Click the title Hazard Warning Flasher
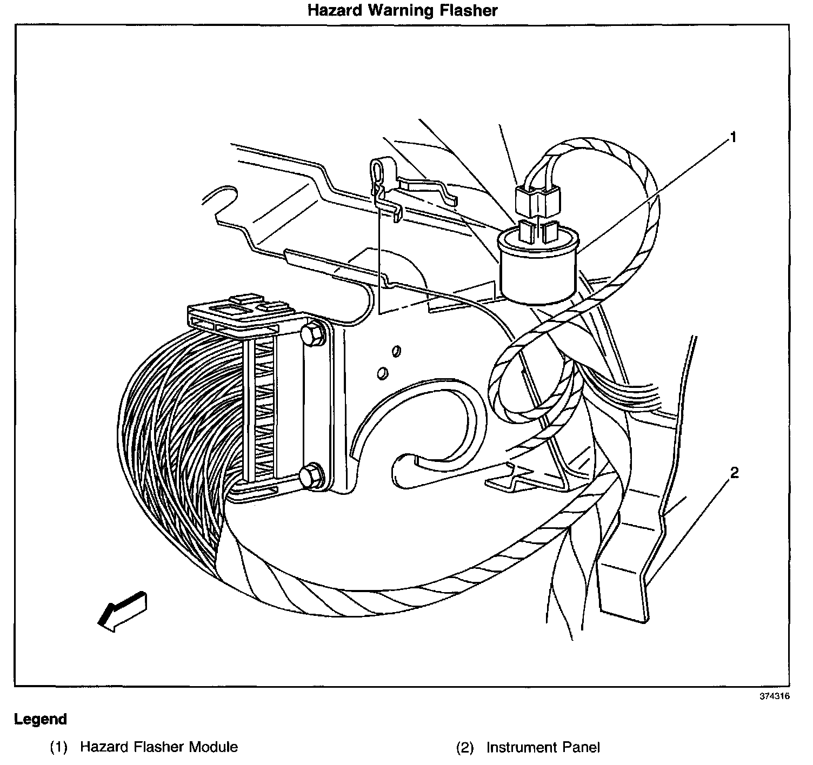402,10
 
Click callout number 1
733,137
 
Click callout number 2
734,473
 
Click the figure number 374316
775,696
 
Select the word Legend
41,719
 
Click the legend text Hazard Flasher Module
158,747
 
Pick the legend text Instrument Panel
543,747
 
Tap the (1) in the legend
58,747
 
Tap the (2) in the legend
465,747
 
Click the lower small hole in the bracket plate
382,373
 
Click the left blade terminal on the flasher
525,232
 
